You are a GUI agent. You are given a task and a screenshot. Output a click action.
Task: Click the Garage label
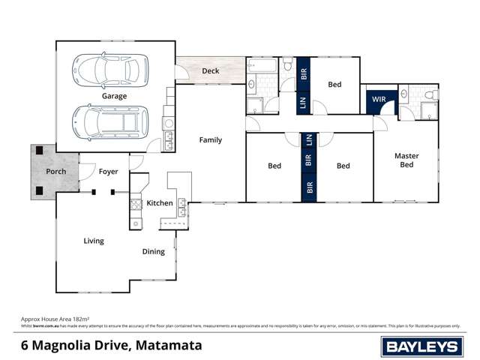tap(114, 96)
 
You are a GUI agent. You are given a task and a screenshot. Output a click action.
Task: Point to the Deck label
tap(211, 71)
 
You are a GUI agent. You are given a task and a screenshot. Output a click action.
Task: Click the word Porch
tap(56, 171)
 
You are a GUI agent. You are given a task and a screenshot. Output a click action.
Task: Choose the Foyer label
tap(109, 171)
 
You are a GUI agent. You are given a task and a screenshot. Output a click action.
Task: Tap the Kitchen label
tap(160, 203)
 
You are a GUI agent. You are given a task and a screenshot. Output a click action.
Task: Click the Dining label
tap(153, 251)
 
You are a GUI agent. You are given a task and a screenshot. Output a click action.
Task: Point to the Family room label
tap(210, 139)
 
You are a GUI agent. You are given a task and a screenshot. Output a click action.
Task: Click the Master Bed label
tap(406, 160)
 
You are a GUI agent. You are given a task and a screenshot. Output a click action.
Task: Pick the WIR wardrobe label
tap(376, 98)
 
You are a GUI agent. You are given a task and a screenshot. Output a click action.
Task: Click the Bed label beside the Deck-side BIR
tap(334, 85)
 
